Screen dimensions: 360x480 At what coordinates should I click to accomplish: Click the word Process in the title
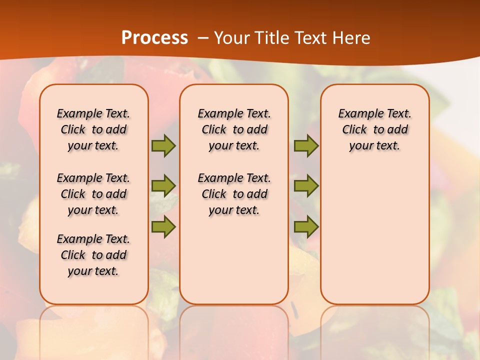pos(154,38)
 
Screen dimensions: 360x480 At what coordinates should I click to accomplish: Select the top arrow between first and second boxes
pos(163,145)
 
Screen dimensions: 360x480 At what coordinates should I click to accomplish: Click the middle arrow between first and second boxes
pos(163,185)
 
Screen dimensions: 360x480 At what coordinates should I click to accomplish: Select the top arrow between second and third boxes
pos(306,145)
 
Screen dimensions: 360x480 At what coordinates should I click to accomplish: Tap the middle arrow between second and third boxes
pos(306,185)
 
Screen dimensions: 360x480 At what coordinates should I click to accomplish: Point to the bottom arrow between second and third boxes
pos(306,226)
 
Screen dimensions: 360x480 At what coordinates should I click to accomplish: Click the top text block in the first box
pos(93,129)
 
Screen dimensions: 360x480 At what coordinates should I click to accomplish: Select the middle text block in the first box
pos(93,194)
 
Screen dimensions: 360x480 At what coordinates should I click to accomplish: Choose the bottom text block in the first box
pos(93,255)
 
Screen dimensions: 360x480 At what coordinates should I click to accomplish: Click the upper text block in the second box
pos(234,129)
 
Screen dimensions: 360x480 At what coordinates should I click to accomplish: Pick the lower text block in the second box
pos(234,194)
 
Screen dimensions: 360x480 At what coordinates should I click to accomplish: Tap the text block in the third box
pos(375,129)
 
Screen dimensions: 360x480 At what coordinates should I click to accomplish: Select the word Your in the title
pos(232,38)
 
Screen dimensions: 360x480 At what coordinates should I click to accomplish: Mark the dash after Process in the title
pos(203,38)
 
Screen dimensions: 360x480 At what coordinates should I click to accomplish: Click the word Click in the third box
pos(354,130)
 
